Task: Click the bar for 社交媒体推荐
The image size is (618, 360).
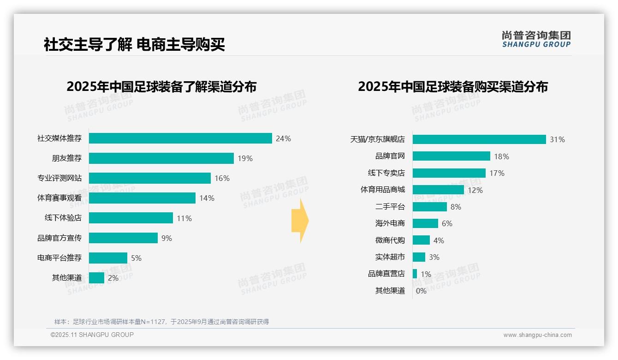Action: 180,138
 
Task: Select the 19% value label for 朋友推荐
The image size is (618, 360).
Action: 245,158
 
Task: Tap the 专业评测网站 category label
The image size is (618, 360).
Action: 59,178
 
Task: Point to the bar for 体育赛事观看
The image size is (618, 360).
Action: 142,198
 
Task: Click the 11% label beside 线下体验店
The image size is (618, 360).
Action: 184,218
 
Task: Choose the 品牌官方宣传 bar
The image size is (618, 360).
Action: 123,238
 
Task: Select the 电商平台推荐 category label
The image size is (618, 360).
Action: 59,258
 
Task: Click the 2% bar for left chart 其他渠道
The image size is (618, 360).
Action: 96,278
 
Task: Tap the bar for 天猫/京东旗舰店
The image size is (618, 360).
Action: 479,139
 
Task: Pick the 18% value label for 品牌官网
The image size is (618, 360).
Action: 501,156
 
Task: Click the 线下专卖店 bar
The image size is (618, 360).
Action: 449,173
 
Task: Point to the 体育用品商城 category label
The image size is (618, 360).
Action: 382,190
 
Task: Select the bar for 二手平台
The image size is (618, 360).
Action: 429,207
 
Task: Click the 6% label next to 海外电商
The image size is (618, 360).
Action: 447,223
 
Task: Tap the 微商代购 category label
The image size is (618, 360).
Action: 390,240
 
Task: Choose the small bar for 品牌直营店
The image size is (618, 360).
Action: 415,274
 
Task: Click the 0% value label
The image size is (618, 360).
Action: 421,291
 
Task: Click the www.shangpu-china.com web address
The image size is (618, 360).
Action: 537,335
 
